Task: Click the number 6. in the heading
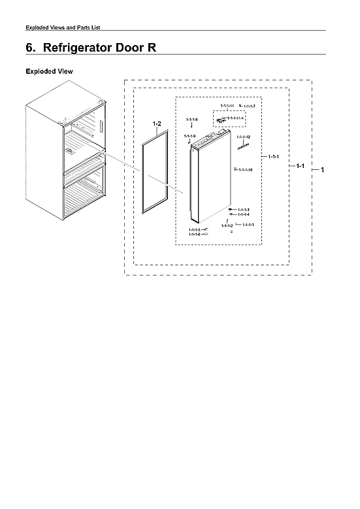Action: pos(30,48)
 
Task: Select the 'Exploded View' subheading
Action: pos(48,71)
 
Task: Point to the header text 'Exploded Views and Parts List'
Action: pos(62,27)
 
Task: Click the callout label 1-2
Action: pos(156,123)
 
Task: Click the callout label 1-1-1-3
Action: pos(244,209)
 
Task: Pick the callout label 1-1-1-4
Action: pos(244,214)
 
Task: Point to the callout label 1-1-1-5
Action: pos(194,230)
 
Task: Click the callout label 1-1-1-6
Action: pos(194,235)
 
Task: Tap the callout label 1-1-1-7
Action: pos(249,106)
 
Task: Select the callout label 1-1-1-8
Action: pos(191,120)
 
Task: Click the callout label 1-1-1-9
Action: pos(190,136)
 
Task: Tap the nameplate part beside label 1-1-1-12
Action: pos(242,146)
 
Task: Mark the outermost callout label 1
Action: pos(322,170)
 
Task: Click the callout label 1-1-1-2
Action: pos(227,225)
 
